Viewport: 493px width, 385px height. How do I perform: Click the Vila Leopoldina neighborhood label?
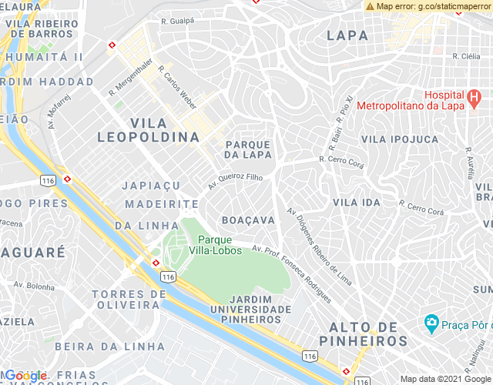click(x=149, y=130)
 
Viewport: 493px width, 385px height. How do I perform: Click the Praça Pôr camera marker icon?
click(x=431, y=321)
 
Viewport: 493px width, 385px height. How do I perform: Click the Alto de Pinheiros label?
click(x=367, y=333)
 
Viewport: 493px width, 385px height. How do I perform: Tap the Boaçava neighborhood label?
click(x=248, y=220)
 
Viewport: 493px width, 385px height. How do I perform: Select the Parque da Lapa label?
click(x=247, y=149)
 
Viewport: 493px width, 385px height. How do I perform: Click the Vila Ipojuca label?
click(x=400, y=139)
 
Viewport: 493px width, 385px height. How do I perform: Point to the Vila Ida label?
click(x=357, y=202)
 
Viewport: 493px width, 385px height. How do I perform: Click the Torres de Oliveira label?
click(x=129, y=300)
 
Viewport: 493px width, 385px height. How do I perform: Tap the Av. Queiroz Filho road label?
click(x=236, y=182)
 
